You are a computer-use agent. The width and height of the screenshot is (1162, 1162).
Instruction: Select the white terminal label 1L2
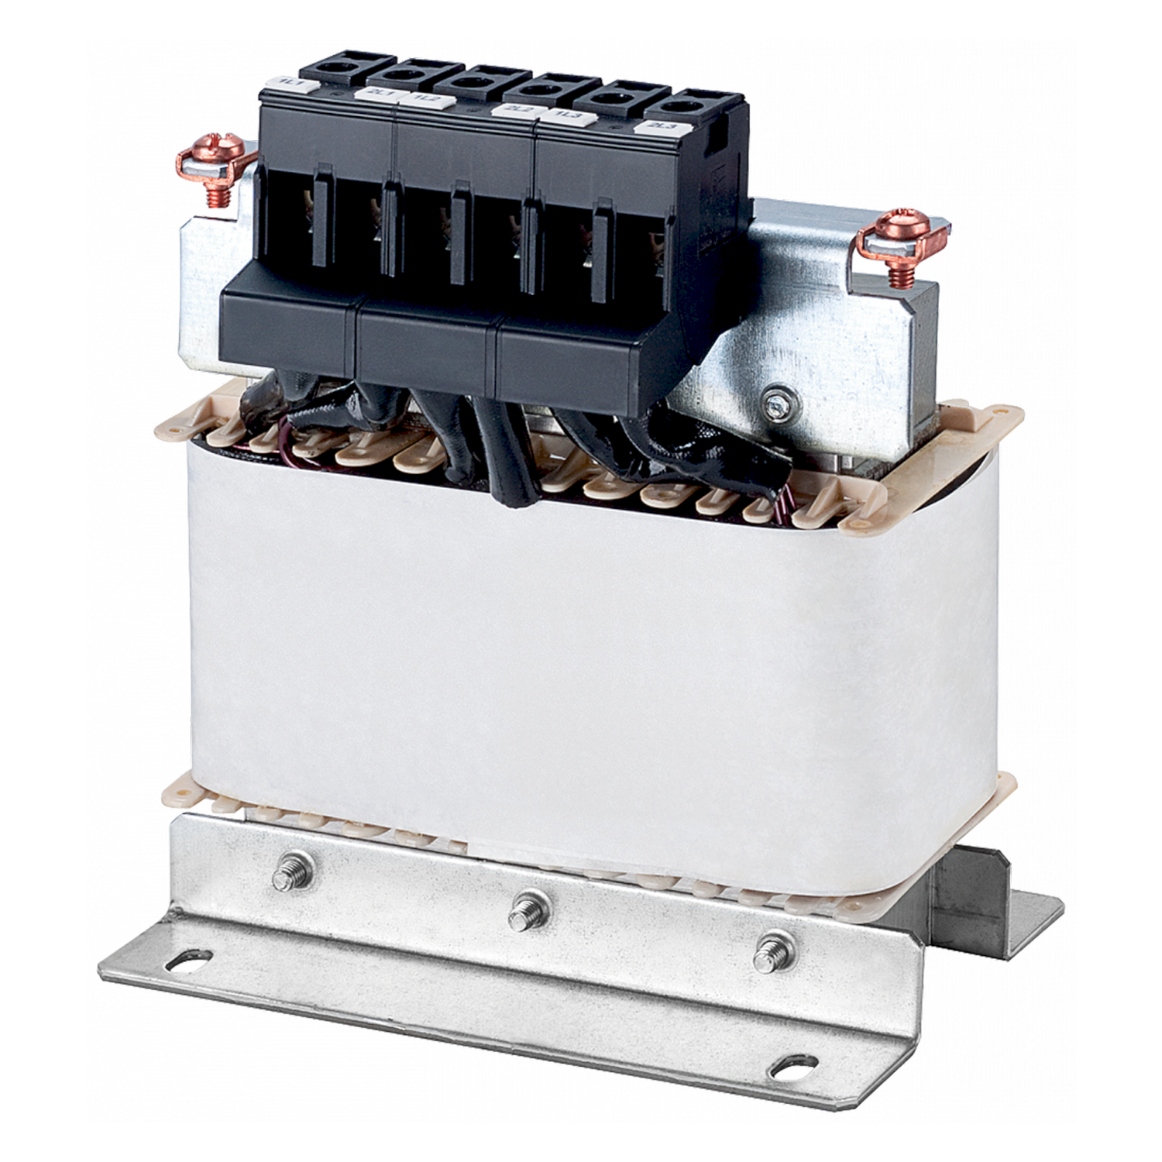click(424, 98)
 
